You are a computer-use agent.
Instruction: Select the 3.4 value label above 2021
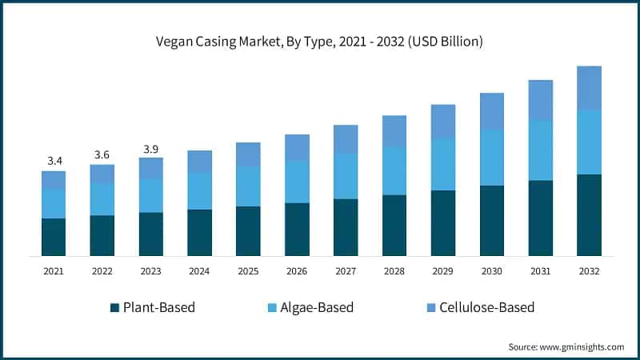54,161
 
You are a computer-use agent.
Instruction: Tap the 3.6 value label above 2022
102,154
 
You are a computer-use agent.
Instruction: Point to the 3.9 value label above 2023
151,149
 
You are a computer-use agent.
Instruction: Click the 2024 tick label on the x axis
199,272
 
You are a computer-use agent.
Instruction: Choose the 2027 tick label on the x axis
346,272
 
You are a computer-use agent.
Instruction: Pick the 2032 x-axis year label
589,272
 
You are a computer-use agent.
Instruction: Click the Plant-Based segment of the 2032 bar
589,214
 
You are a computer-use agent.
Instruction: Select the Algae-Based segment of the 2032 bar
589,142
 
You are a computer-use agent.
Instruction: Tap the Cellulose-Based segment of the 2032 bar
589,87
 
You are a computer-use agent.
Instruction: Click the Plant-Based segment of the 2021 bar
54,237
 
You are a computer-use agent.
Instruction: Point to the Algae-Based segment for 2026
297,182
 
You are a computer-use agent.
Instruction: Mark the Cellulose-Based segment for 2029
442,121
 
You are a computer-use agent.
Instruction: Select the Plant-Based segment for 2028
394,225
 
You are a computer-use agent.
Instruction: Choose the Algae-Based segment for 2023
151,195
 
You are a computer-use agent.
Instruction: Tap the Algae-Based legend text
318,307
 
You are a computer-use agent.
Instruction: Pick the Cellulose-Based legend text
486,307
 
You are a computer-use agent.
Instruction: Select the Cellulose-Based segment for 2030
491,111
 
